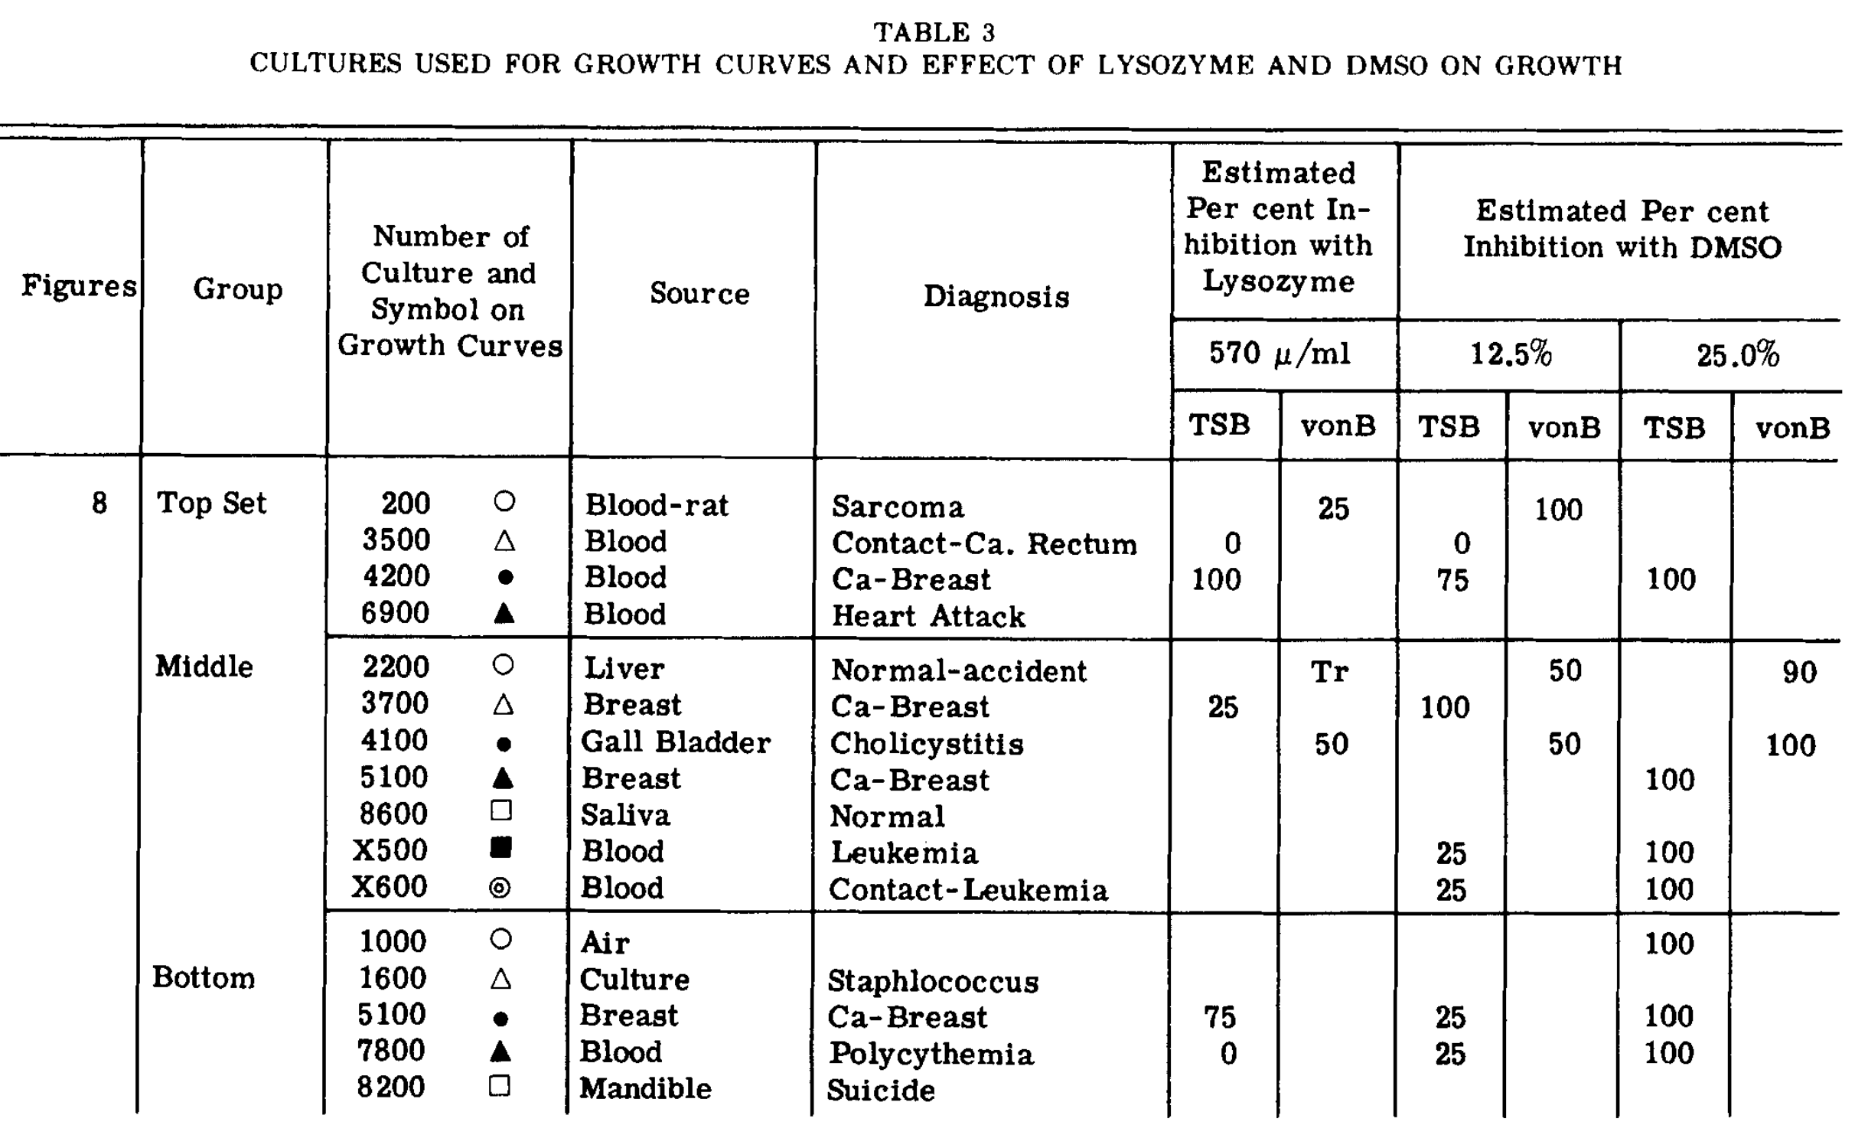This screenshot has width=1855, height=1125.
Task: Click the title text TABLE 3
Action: (x=934, y=32)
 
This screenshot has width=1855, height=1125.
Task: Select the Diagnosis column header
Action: (x=996, y=296)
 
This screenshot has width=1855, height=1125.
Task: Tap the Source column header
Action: (x=699, y=293)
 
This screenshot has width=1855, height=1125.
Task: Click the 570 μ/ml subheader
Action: (x=1280, y=354)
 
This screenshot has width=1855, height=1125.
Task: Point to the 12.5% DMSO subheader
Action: (x=1511, y=354)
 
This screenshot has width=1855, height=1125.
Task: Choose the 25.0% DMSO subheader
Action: (x=1737, y=355)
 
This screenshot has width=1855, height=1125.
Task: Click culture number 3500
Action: (x=396, y=540)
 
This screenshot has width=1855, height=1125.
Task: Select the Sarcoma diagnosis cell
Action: (x=898, y=507)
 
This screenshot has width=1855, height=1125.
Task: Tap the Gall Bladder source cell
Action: (x=676, y=742)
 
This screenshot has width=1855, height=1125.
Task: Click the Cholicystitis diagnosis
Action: (x=926, y=743)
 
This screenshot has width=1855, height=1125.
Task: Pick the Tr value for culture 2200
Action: (x=1329, y=672)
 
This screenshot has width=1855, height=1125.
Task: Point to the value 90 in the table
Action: (x=1799, y=673)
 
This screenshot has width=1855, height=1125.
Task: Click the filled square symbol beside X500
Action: (x=500, y=847)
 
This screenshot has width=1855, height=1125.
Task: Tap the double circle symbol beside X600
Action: (x=500, y=888)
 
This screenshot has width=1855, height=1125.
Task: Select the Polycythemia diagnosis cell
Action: (x=931, y=1054)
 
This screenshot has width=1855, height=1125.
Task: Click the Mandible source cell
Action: (x=645, y=1088)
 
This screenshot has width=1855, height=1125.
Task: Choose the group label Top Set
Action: (x=211, y=504)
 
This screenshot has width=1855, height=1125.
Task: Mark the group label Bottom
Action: (x=204, y=977)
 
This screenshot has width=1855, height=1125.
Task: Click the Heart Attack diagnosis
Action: (x=928, y=616)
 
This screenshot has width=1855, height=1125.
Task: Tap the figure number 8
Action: (x=99, y=504)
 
